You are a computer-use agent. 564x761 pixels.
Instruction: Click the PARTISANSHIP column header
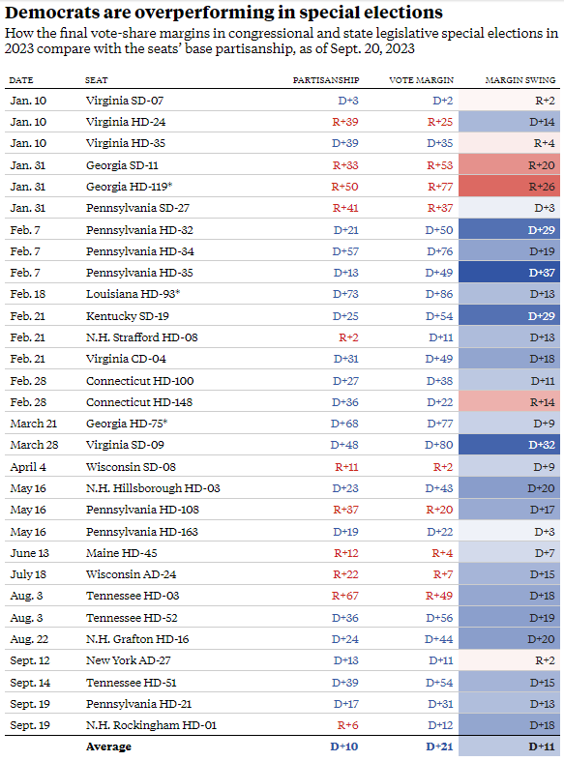(326, 80)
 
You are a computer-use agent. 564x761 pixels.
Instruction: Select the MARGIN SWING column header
(520, 80)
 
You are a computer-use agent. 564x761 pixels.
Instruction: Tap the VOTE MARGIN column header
(421, 80)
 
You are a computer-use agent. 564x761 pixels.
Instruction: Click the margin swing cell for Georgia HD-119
(509, 187)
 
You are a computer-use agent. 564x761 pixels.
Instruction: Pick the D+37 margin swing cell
(509, 273)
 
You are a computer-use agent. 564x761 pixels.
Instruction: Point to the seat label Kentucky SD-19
(128, 316)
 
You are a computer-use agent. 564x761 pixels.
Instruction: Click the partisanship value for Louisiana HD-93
(345, 294)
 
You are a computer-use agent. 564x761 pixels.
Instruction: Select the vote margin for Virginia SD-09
(439, 445)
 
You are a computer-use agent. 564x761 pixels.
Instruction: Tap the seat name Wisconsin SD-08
(131, 467)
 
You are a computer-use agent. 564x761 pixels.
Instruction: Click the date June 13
(30, 553)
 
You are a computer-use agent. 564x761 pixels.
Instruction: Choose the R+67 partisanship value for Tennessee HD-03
(345, 596)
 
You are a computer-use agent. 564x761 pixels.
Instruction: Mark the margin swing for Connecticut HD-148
(509, 402)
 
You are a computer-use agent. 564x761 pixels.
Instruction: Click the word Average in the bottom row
(108, 746)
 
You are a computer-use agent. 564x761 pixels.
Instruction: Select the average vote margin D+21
(439, 746)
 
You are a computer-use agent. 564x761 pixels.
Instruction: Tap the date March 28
(34, 445)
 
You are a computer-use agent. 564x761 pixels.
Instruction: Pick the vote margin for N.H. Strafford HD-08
(441, 337)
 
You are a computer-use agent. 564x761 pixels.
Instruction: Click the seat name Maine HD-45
(122, 553)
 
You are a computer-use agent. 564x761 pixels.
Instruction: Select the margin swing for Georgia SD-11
(509, 165)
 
